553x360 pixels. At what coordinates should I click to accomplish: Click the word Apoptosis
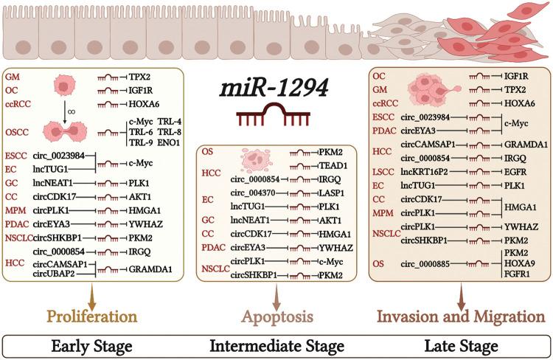(276, 316)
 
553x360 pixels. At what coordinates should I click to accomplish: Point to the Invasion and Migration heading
(461, 316)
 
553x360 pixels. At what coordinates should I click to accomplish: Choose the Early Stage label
(92, 345)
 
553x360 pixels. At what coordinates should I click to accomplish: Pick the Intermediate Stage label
(276, 345)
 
